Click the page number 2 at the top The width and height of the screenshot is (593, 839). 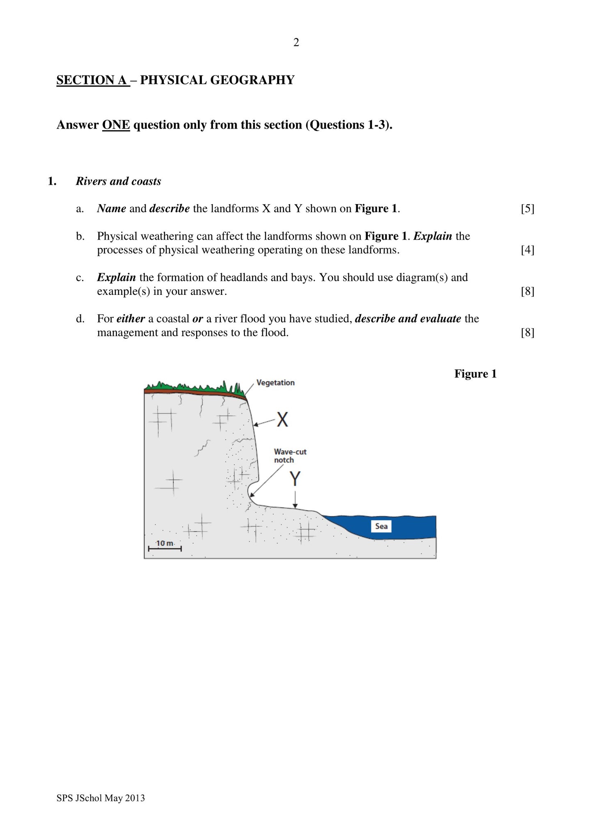(x=296, y=42)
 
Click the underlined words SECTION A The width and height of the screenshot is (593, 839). (x=92, y=80)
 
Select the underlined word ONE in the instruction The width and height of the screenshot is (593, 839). (x=116, y=125)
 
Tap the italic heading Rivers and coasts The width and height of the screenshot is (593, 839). (x=118, y=182)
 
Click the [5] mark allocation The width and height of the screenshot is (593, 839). (x=527, y=209)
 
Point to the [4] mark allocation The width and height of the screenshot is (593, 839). (x=527, y=250)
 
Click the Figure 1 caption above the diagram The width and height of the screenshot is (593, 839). (x=475, y=374)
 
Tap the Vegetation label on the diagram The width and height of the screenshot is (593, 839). (x=275, y=383)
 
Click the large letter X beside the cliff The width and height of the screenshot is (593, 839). (x=282, y=420)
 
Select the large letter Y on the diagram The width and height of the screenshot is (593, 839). (x=295, y=479)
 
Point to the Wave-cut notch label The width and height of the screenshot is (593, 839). (x=290, y=456)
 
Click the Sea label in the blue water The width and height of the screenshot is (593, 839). (x=381, y=526)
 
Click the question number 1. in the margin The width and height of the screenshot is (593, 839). (x=52, y=182)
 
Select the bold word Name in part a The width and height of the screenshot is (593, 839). (x=111, y=209)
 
